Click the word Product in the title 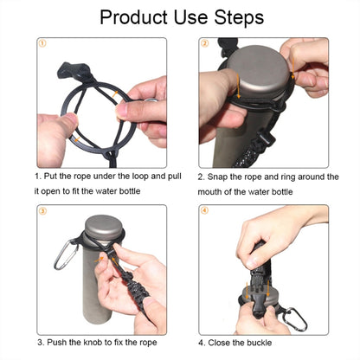(133, 17)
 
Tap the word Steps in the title (239, 17)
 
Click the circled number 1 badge (42, 43)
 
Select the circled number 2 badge (204, 43)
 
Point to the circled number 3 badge (42, 211)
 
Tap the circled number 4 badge (204, 210)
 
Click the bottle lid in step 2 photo (258, 71)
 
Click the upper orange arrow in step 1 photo (115, 93)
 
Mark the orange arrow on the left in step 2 (238, 86)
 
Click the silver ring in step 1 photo (151, 100)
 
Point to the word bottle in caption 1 (130, 191)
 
